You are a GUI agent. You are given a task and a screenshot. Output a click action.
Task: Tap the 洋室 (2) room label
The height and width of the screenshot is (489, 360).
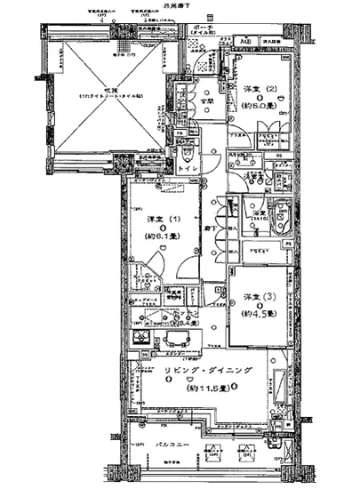257,90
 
